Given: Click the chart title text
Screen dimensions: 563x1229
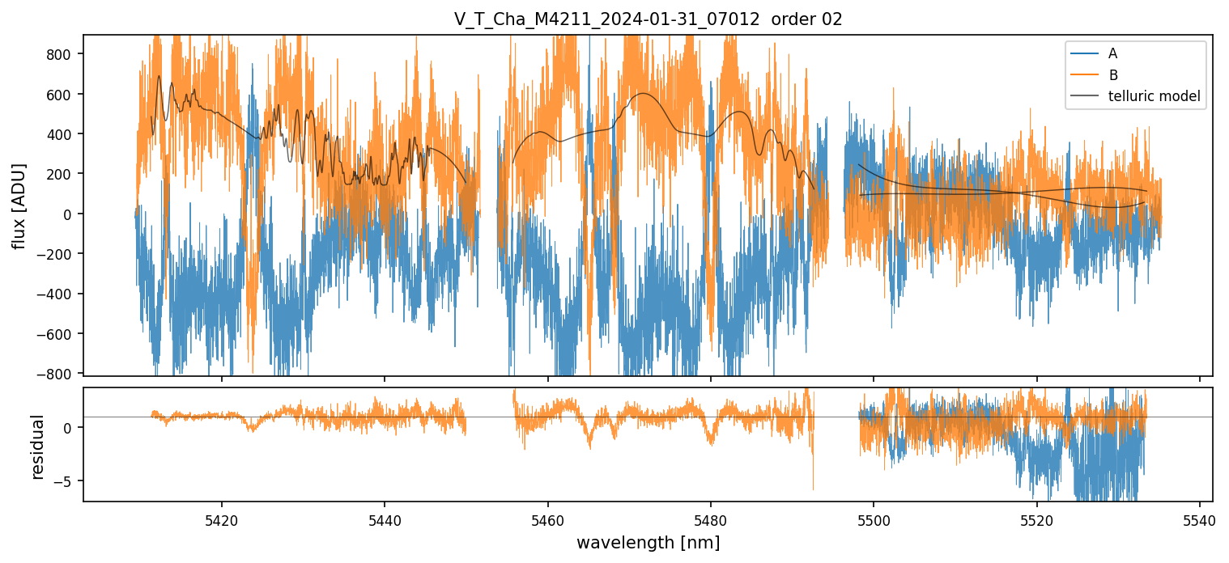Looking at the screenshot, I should tap(648, 19).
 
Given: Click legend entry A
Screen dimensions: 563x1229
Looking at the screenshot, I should tap(1112, 54).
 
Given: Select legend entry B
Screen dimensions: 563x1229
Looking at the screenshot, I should tap(1112, 76).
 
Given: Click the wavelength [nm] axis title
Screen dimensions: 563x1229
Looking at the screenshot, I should tap(648, 543).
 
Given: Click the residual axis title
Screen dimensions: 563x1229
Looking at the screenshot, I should tap(38, 447).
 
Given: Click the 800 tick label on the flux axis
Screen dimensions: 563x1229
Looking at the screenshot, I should tap(62, 54).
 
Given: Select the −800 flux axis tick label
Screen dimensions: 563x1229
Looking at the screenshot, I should tap(57, 374).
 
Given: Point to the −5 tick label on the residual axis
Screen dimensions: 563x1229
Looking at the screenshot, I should tap(65, 481).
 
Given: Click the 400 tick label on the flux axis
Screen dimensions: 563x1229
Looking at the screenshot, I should tap(62, 134).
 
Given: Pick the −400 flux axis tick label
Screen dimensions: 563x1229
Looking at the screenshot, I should tap(57, 294).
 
